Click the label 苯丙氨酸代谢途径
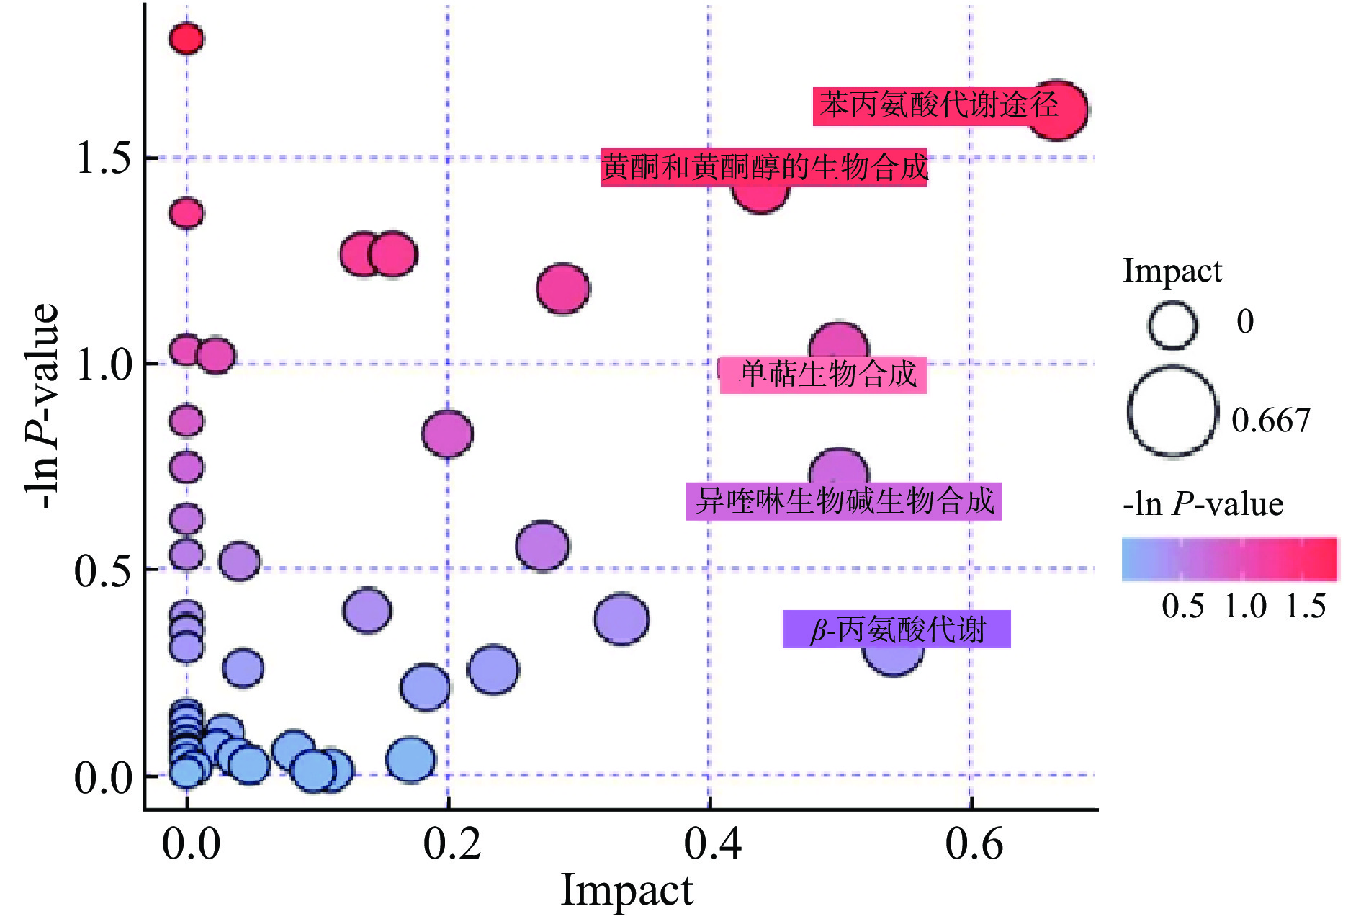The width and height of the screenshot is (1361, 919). coord(938,106)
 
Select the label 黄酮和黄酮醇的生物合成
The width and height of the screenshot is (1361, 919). coord(764,168)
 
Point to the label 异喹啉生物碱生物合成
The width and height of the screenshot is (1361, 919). coord(843,501)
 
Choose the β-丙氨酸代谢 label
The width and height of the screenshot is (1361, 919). coord(897,629)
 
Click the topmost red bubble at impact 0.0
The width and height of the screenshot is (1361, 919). coord(187,38)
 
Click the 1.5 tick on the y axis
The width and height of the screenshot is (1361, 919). coord(104,158)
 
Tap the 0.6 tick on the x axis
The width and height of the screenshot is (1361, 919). coord(974,843)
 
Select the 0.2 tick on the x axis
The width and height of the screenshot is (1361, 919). coord(452,843)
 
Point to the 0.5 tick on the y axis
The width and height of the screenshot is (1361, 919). coord(104,570)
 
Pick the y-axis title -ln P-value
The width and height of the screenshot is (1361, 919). coord(42,407)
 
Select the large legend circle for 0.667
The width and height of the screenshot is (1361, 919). coord(1172,412)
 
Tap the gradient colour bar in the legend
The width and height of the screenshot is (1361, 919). coord(1229,559)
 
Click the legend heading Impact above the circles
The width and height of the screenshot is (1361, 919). coord(1172,272)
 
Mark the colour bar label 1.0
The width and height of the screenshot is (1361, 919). coord(1245,606)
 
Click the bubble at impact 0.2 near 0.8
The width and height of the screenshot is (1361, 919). coord(447,434)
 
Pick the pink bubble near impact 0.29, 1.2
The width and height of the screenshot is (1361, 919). coord(563,288)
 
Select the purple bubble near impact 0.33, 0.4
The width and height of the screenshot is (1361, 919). coord(621,619)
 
